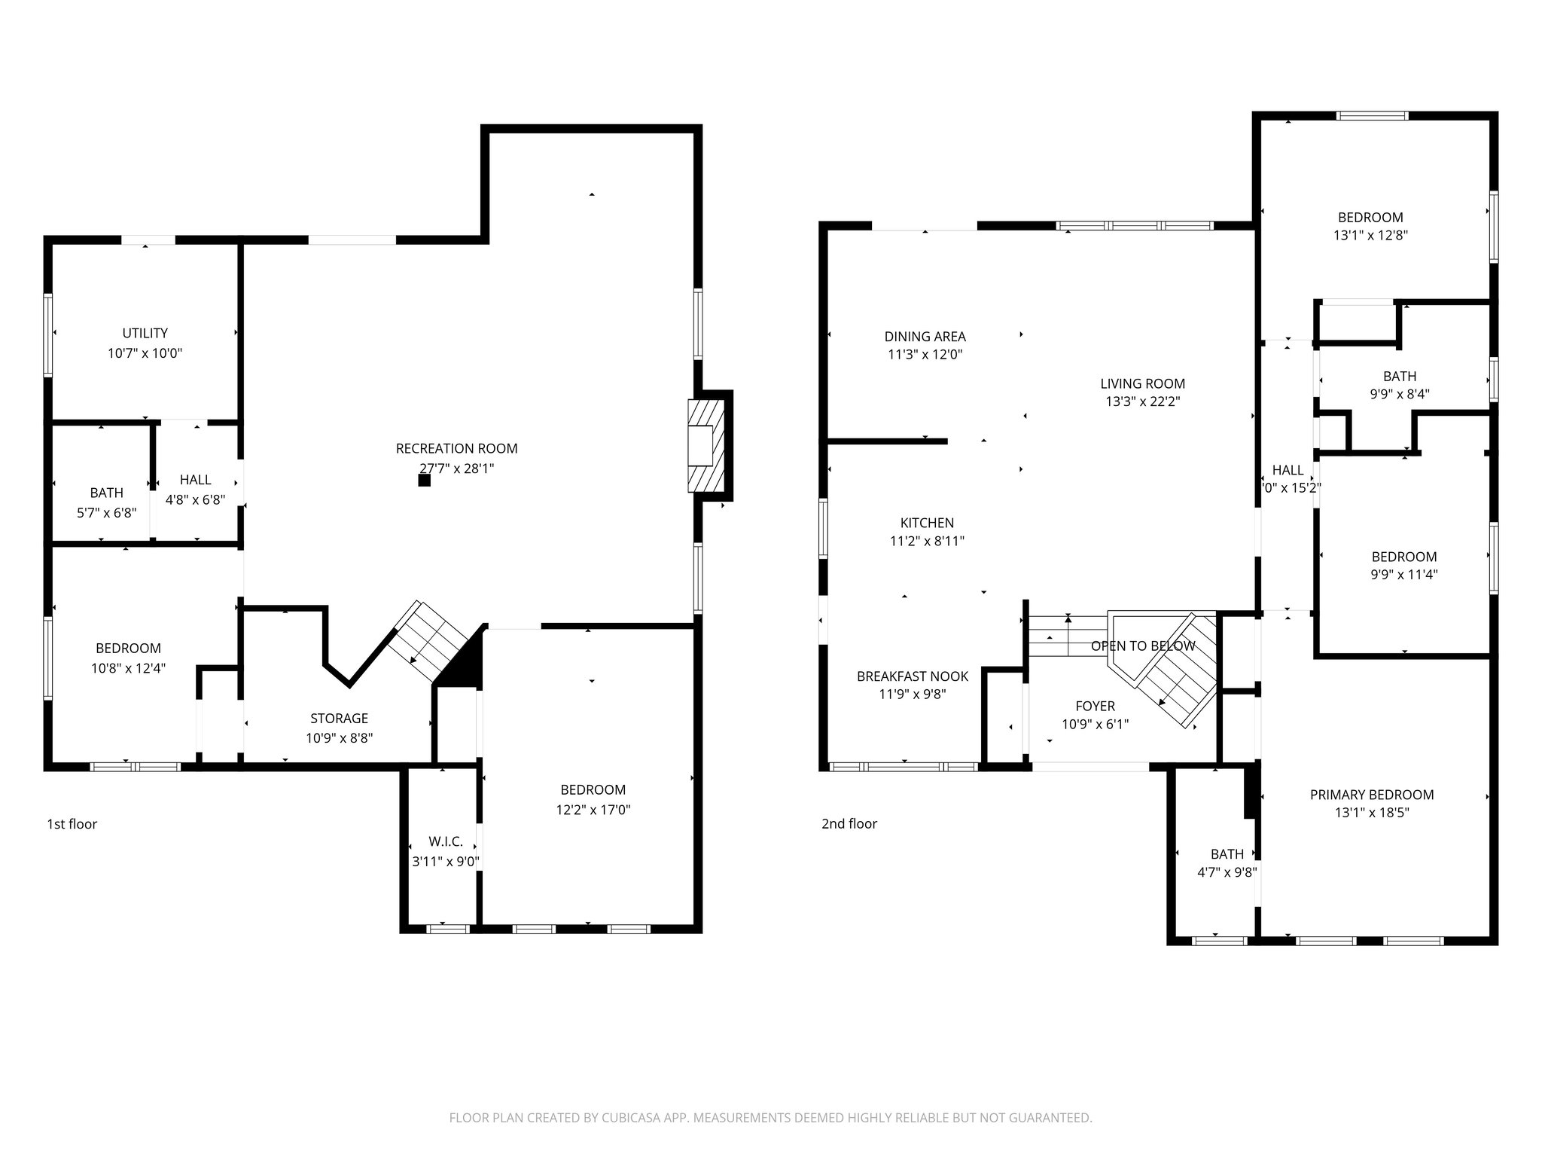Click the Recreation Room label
(x=456, y=449)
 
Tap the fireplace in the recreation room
(x=705, y=447)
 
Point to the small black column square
(x=425, y=480)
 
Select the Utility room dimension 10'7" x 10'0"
(x=145, y=353)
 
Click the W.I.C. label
(x=446, y=842)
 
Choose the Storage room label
(x=339, y=719)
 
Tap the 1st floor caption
(x=72, y=824)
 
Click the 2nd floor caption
(x=849, y=824)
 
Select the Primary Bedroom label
(x=1371, y=795)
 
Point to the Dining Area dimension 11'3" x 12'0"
(x=925, y=355)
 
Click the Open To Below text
(x=1142, y=646)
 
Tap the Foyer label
(x=1095, y=707)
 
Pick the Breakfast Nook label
(x=913, y=676)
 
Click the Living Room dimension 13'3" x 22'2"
(x=1142, y=402)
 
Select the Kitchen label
(x=927, y=523)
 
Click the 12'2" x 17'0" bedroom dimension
(x=593, y=811)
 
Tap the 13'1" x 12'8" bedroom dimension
(x=1370, y=236)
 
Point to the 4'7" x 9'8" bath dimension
(x=1227, y=873)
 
